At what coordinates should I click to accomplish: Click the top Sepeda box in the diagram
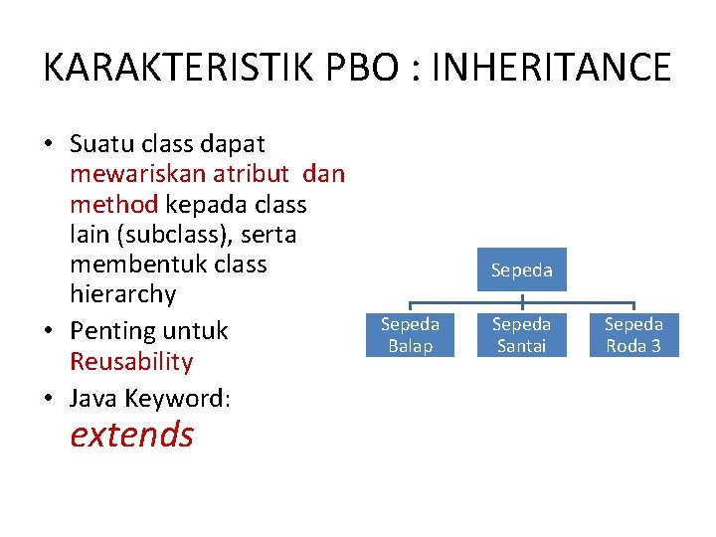click(521, 269)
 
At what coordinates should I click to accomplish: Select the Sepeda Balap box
click(410, 335)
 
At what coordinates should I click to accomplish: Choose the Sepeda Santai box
click(521, 335)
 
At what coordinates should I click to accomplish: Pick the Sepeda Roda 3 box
click(633, 335)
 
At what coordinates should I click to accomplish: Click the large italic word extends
click(131, 435)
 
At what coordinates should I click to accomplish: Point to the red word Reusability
click(131, 361)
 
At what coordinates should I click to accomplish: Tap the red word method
click(113, 204)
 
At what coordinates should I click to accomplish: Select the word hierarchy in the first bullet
click(122, 294)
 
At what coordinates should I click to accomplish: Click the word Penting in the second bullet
click(106, 330)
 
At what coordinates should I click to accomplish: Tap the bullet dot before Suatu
click(49, 145)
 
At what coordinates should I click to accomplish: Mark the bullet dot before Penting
click(49, 331)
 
